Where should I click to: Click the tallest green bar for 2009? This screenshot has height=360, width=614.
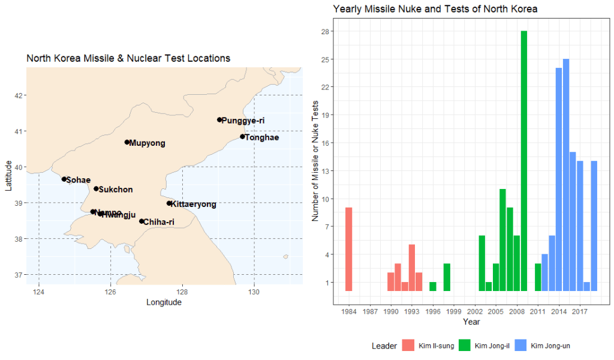pos(523,161)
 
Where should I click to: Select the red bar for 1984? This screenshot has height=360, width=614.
pos(349,249)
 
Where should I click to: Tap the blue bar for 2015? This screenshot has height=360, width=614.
pos(565,175)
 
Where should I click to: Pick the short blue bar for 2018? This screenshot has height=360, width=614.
pos(586,286)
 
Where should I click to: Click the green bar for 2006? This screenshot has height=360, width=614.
pos(502,240)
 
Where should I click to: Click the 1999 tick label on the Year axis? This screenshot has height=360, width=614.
pos(454,311)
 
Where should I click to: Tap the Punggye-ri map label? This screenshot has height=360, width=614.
pos(243,121)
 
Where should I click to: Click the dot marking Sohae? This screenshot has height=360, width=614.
pos(64,179)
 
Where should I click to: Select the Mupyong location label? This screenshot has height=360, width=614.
pos(147,143)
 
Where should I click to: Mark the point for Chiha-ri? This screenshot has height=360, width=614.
pos(142,221)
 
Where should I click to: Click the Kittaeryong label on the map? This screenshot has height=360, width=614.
pos(194,205)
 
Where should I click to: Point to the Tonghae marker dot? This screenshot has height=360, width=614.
pos(242,137)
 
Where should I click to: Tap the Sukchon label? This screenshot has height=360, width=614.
pos(115,190)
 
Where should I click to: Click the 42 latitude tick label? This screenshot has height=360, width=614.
pos(19,95)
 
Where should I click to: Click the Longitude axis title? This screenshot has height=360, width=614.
pos(164,302)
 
